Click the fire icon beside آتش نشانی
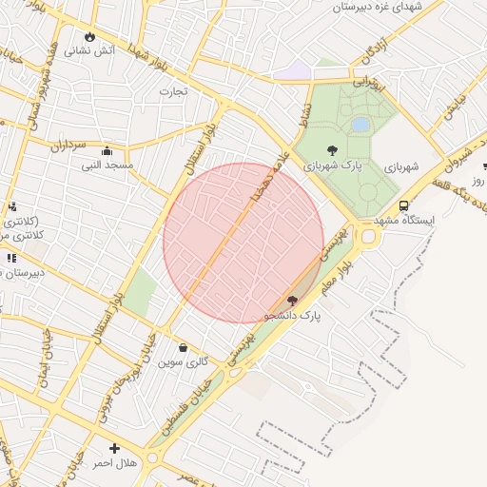coord(90,36)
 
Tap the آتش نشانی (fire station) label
coord(90,50)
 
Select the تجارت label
coord(173,91)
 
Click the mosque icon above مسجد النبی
coord(107,151)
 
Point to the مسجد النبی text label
coord(107,166)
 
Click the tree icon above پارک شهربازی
coord(331,149)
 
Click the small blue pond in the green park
coord(360,125)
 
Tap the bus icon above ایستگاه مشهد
coord(404,205)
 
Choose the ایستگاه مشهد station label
coord(404,220)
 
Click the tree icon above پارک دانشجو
coord(292,301)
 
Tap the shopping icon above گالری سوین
coord(184,347)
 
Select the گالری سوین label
coord(184,361)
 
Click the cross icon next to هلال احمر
coord(115,448)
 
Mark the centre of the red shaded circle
coord(243,243)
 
